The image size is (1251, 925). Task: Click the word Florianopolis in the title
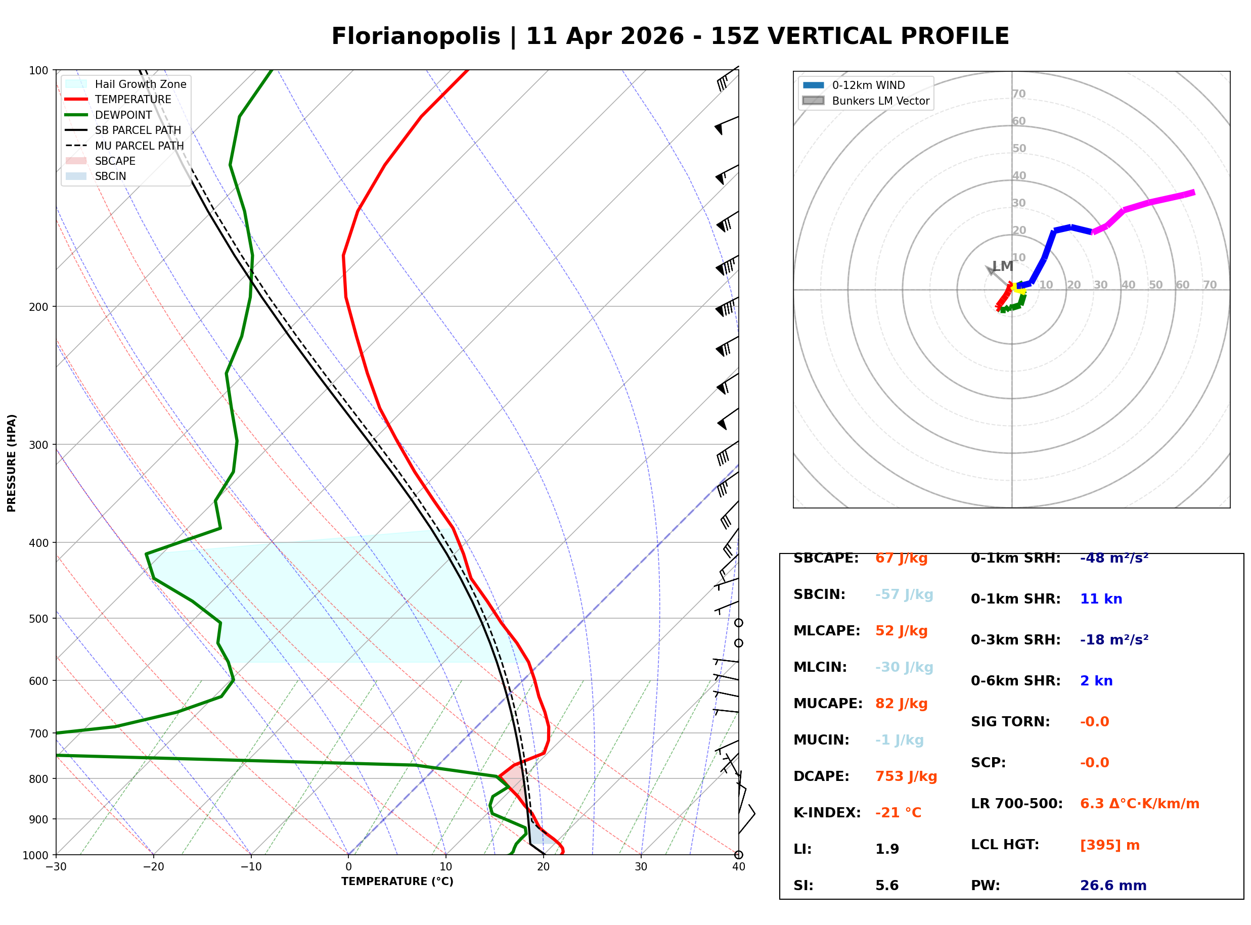click(x=416, y=36)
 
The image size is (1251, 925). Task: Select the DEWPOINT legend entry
click(x=123, y=115)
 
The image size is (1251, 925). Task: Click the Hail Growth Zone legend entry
click(x=140, y=84)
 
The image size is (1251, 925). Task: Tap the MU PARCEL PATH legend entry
click(x=139, y=146)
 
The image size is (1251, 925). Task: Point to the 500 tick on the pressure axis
click(x=38, y=619)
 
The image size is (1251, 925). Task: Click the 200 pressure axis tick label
click(x=38, y=307)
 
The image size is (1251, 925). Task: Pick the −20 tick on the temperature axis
click(x=153, y=867)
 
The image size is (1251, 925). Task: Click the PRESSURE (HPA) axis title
click(x=12, y=462)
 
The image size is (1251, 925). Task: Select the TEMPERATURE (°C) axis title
click(x=397, y=882)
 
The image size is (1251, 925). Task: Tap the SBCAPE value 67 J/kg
click(x=901, y=558)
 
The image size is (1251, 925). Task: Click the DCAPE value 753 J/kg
click(x=906, y=776)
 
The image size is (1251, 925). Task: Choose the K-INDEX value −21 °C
click(x=898, y=812)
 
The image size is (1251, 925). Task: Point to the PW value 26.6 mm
click(x=1112, y=885)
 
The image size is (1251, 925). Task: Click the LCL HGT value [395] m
click(x=1109, y=845)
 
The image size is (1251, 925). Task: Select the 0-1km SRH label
click(x=1015, y=558)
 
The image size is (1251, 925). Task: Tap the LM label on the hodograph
click(x=1002, y=266)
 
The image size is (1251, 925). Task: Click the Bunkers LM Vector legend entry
click(x=880, y=101)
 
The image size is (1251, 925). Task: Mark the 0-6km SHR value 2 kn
click(x=1096, y=681)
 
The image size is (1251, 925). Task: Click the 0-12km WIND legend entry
click(x=868, y=85)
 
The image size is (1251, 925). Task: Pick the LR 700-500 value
click(x=1139, y=804)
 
